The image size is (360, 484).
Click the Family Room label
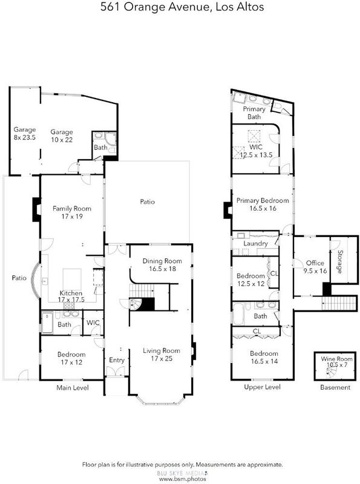tap(72, 209)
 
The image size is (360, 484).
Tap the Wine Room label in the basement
tap(336, 359)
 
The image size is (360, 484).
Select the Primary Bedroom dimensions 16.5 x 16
tap(263, 208)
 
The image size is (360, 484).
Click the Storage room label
tap(340, 262)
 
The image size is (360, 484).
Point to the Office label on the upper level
tap(315, 263)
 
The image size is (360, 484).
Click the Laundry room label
tap(255, 244)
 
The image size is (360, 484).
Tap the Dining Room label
tap(162, 261)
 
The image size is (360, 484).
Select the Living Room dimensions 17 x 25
tap(162, 359)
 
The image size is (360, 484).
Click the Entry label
tap(117, 360)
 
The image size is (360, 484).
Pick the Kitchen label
tap(71, 293)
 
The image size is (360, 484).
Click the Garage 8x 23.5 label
tap(24, 133)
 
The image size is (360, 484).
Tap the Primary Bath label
tap(254, 113)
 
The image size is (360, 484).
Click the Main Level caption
tap(73, 388)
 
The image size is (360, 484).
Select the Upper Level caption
tap(262, 387)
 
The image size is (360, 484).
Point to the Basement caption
tap(335, 387)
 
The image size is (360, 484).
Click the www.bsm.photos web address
tap(183, 479)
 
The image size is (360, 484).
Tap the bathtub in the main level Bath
tap(47, 323)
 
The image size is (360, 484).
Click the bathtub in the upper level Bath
tap(238, 313)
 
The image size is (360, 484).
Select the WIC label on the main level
tap(93, 322)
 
